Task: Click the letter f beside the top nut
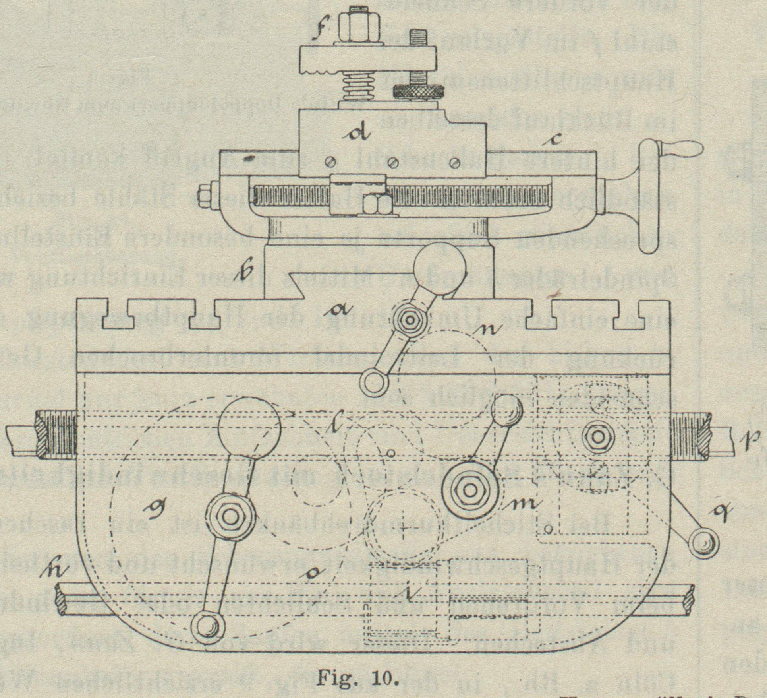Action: (316, 31)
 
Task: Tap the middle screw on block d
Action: (394, 162)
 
